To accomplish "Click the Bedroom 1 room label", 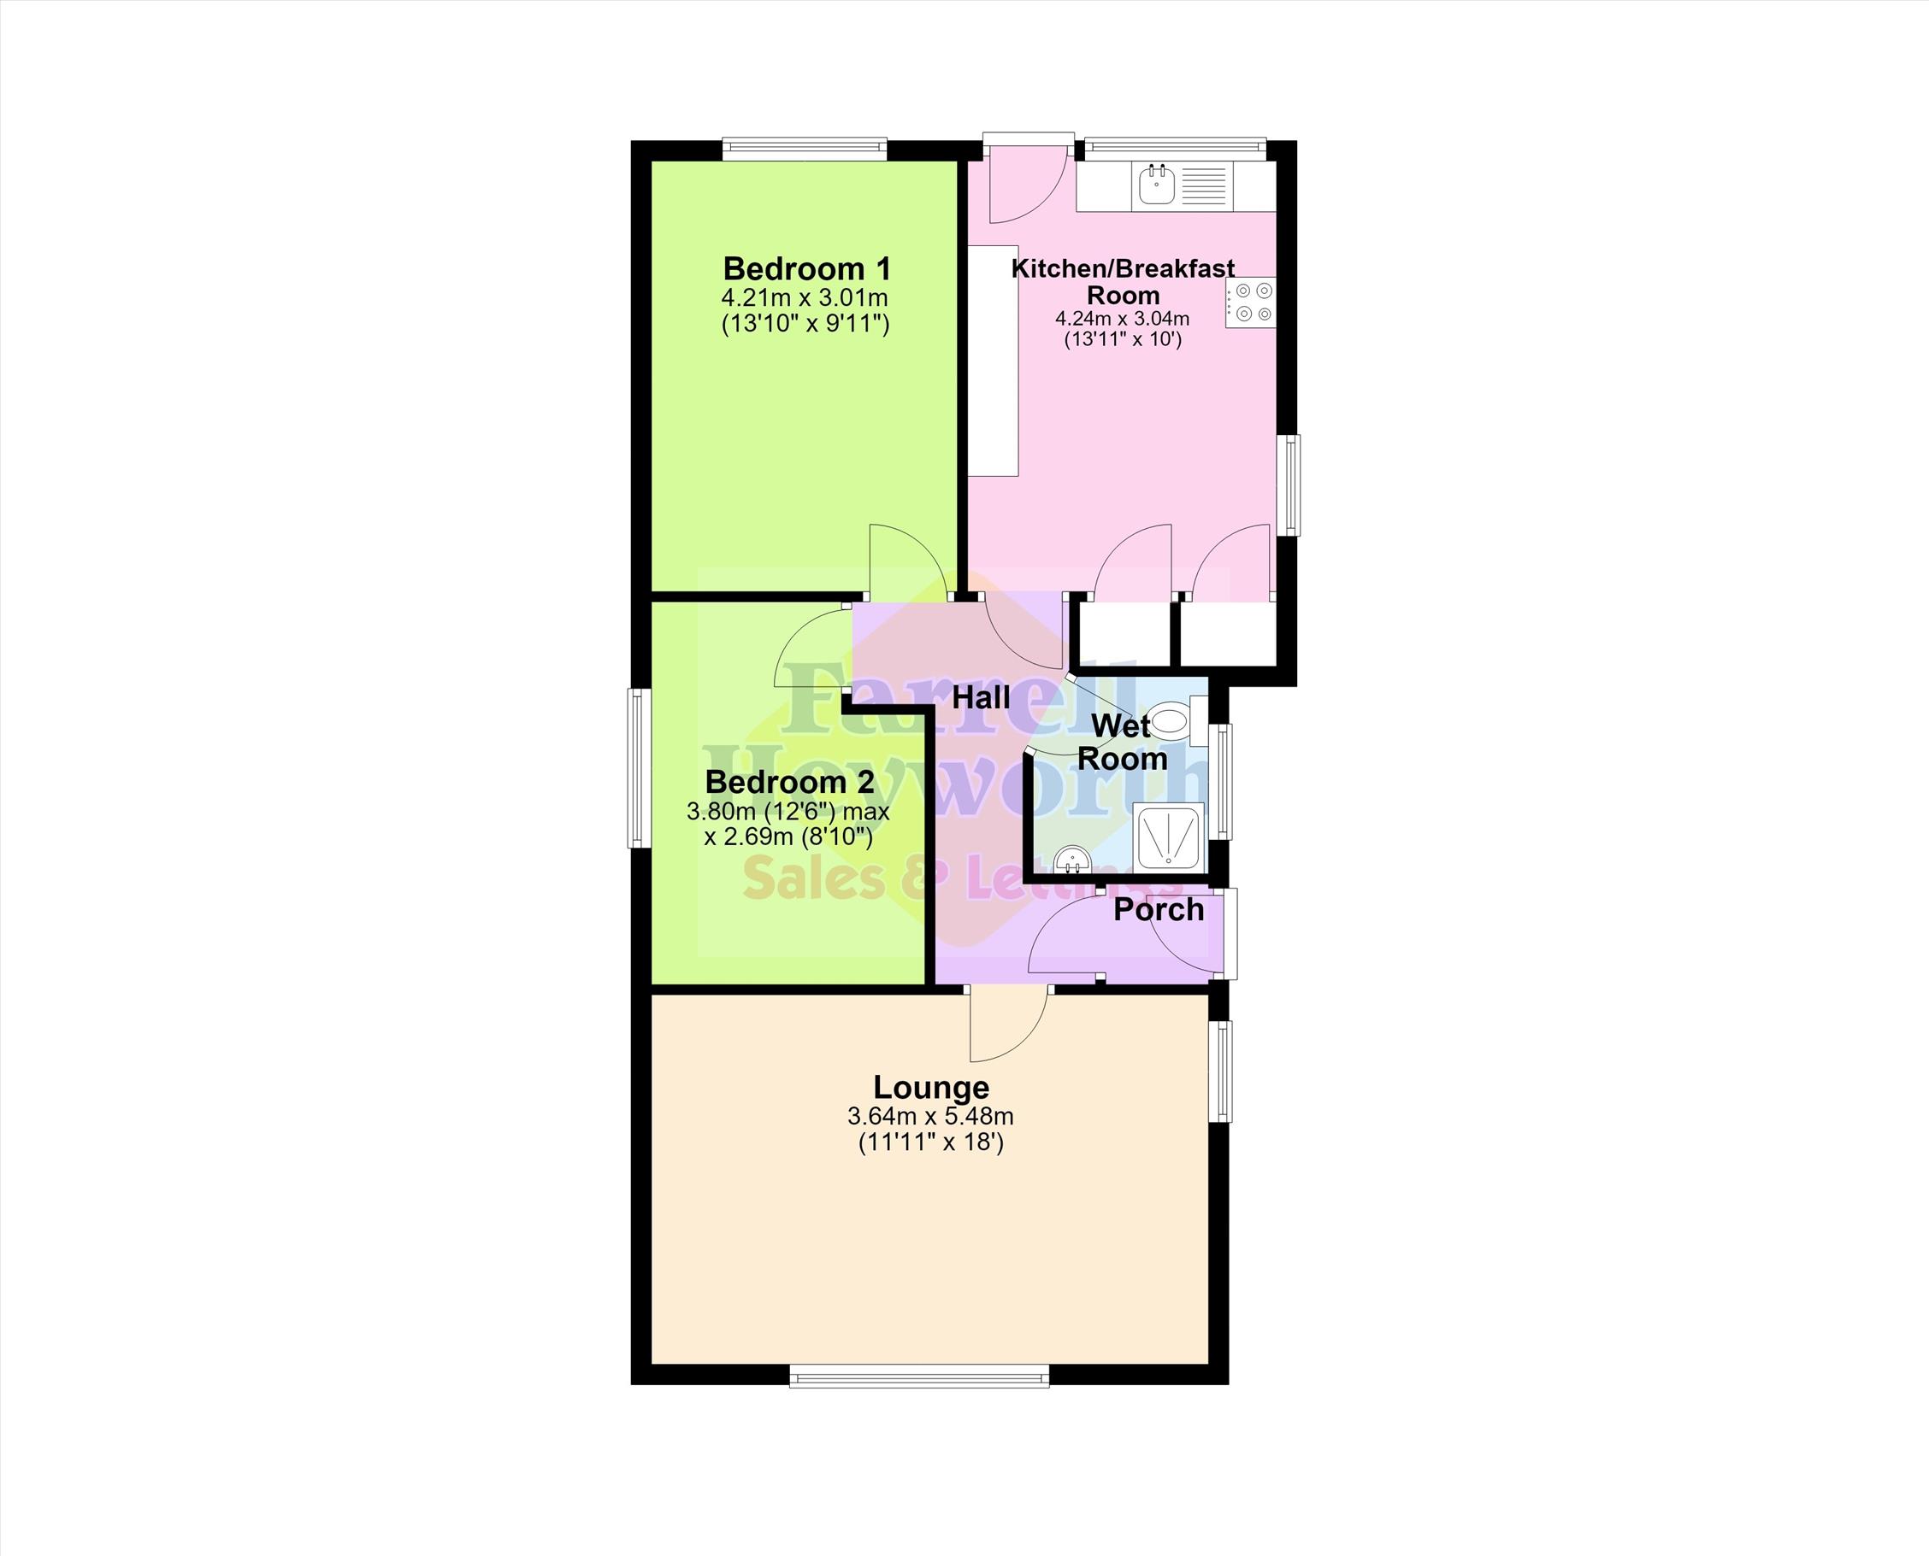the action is [x=807, y=268].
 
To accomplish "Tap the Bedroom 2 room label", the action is [x=789, y=782].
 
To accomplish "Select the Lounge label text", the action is [x=931, y=1087].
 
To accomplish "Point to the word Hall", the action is [x=981, y=697].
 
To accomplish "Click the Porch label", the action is [x=1159, y=910].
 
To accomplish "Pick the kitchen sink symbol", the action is [x=1158, y=185].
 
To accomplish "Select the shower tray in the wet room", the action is [x=1169, y=837].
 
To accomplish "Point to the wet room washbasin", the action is [x=1071, y=860].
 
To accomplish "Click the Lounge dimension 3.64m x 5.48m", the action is [x=931, y=1117].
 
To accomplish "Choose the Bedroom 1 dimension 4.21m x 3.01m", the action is [x=805, y=297].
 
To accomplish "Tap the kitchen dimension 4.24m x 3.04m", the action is [x=1123, y=318].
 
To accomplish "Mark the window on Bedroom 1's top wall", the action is [x=805, y=149].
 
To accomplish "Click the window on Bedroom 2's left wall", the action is [x=640, y=767].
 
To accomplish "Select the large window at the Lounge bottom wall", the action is [x=919, y=1376].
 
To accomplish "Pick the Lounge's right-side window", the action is [x=1219, y=1072].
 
